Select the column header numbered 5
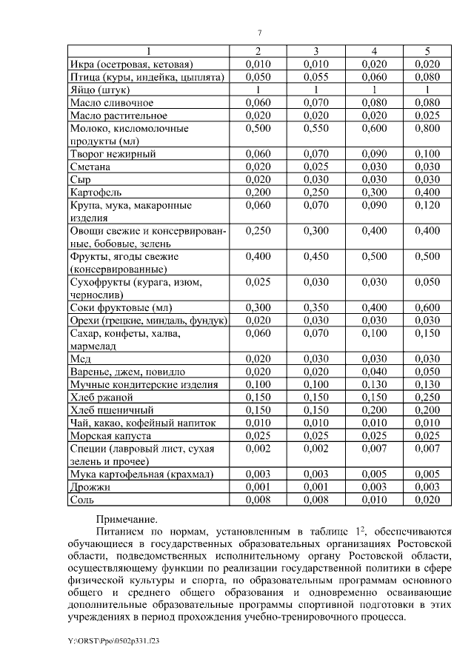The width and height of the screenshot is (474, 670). [427, 51]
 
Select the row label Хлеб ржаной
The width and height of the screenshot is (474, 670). [102, 397]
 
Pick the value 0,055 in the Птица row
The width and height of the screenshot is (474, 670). [316, 77]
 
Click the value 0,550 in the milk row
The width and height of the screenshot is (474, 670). [316, 128]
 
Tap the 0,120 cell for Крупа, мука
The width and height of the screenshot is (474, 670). [427, 205]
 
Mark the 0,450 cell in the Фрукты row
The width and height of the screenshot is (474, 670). [316, 256]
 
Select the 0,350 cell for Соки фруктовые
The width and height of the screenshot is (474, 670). [316, 307]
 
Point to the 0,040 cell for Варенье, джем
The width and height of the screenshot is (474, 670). [374, 371]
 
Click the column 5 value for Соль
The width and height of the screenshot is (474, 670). [427, 500]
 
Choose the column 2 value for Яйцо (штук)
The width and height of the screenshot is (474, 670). [258, 90]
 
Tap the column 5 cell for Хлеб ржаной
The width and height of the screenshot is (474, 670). [427, 397]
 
